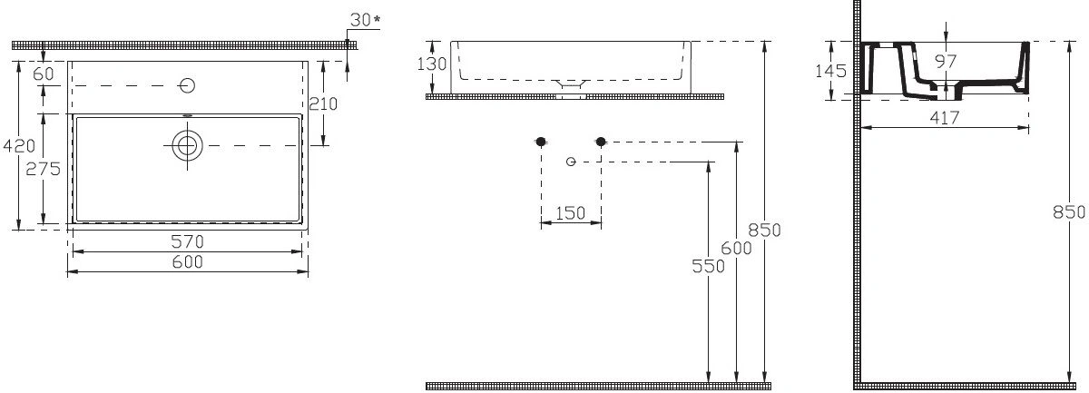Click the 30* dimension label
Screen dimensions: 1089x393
click(365, 20)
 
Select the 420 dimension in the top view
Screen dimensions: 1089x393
click(19, 145)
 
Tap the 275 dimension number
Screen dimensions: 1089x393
click(44, 169)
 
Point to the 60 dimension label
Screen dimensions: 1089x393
click(44, 74)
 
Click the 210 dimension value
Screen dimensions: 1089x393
click(323, 103)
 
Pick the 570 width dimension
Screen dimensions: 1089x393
click(188, 241)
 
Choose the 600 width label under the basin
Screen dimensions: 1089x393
click(188, 261)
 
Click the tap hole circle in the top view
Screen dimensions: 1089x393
click(187, 85)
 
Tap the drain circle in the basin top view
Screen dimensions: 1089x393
click(187, 145)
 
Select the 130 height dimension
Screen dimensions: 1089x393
click(432, 64)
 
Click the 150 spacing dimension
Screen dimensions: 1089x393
click(570, 212)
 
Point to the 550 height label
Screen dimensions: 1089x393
click(709, 266)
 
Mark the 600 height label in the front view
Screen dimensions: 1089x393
click(736, 248)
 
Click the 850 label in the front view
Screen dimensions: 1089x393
click(764, 230)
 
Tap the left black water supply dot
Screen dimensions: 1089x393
click(541, 142)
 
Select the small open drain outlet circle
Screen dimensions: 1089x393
click(571, 162)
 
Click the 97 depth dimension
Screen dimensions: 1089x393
click(946, 62)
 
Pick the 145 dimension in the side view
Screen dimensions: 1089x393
click(831, 71)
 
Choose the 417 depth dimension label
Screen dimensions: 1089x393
click(945, 117)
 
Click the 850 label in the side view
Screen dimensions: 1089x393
click(1069, 212)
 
